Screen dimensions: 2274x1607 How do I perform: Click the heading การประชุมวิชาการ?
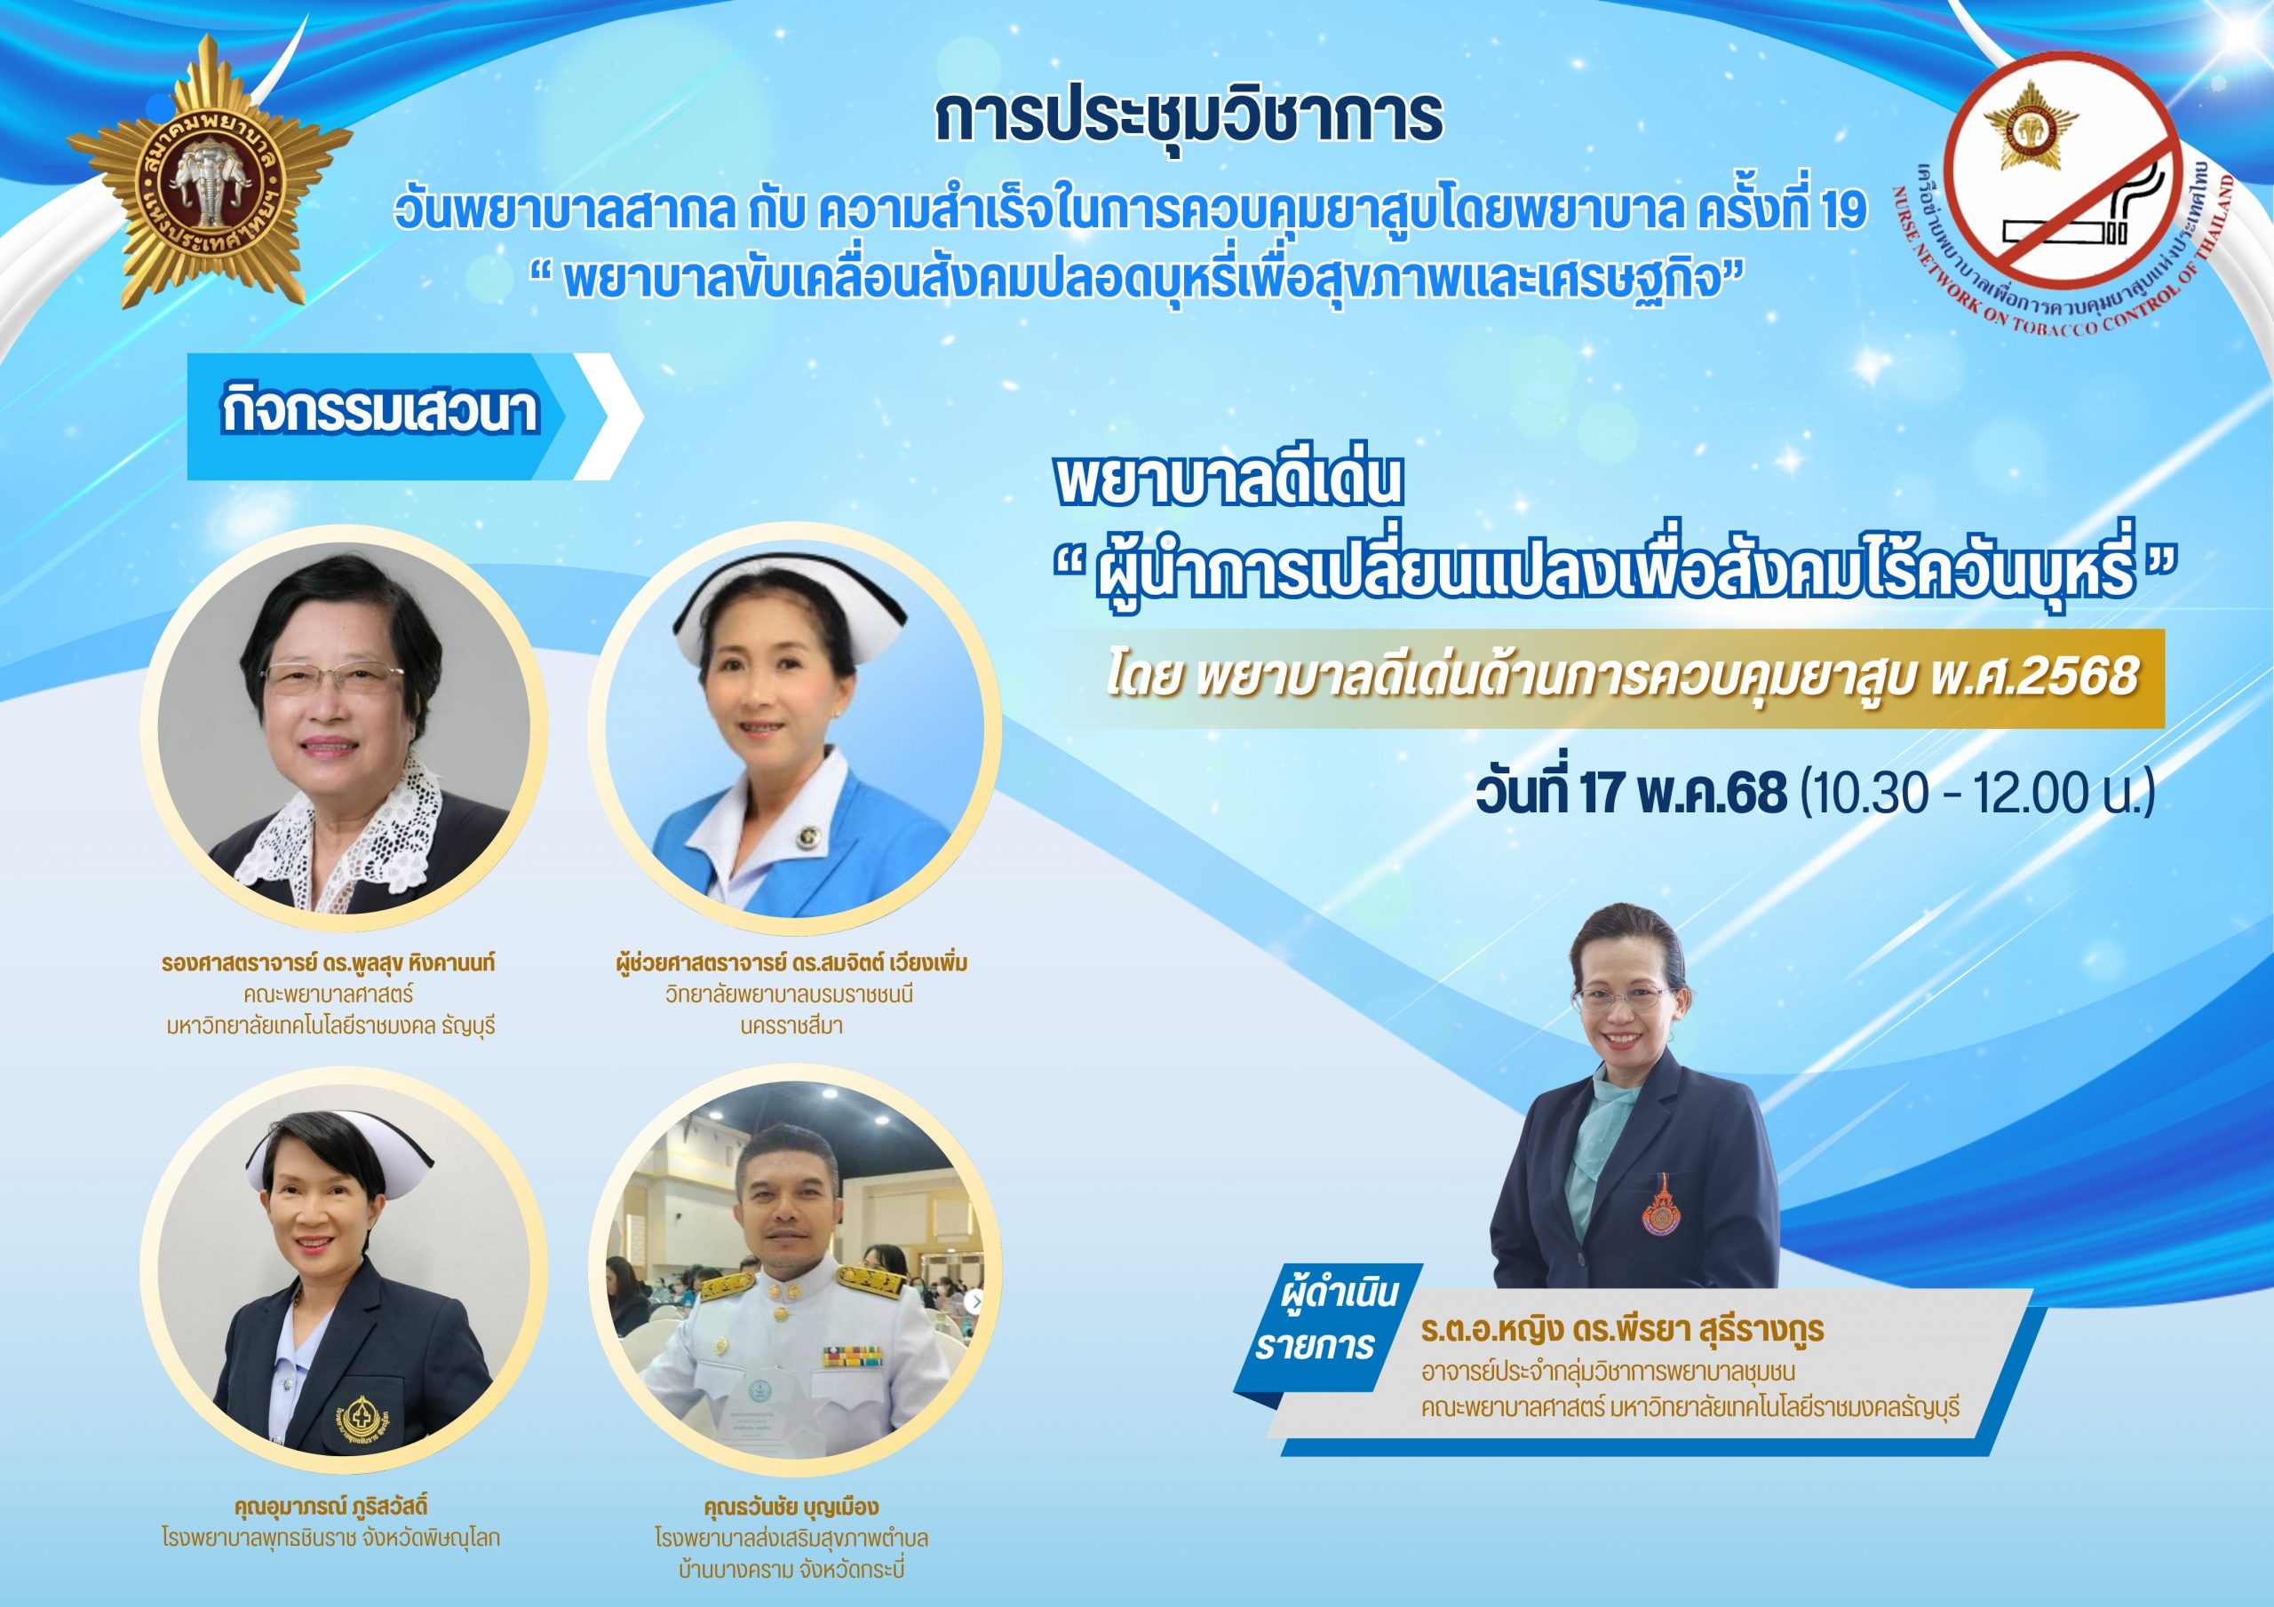pos(1189,117)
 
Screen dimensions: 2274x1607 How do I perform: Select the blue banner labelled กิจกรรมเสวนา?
pos(415,416)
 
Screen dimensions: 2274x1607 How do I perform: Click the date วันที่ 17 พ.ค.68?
pos(1631,792)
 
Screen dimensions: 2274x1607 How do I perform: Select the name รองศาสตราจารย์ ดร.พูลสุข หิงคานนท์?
pos(329,962)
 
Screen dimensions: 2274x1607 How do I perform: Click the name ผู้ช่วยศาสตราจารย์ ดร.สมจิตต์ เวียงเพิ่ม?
pos(791,962)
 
